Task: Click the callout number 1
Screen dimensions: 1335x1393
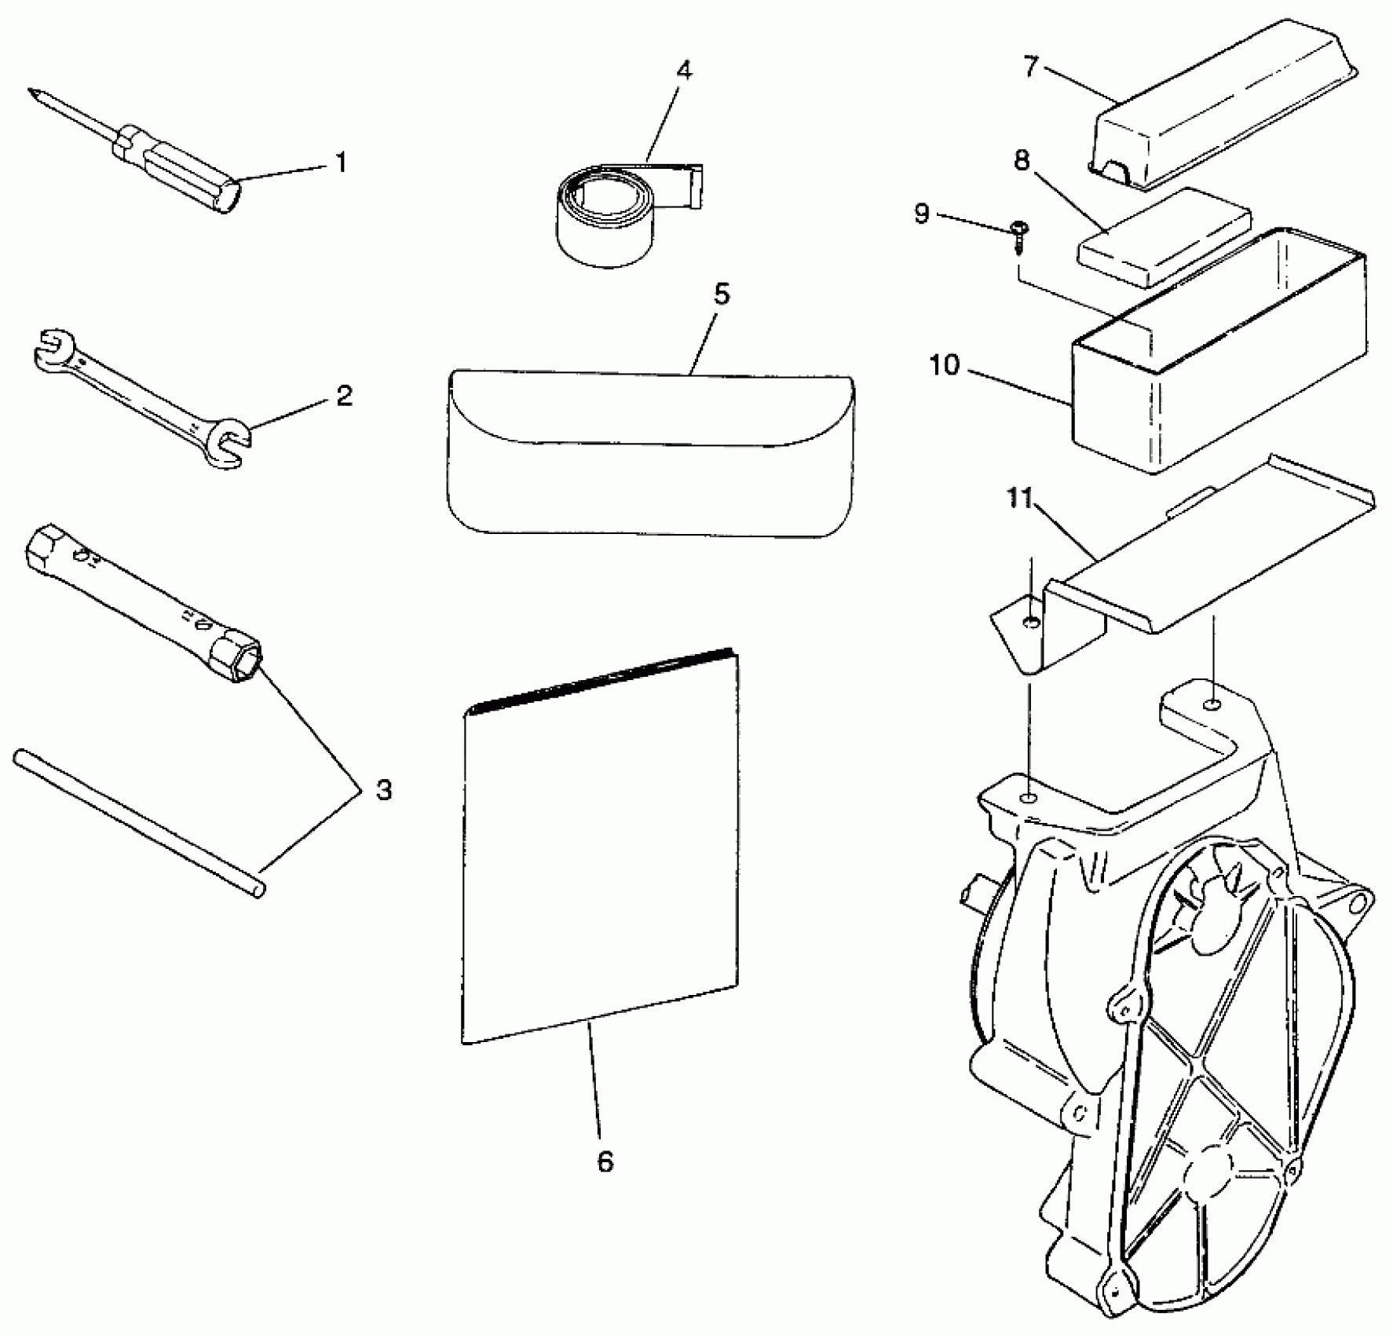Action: coord(341,163)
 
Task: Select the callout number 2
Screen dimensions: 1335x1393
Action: coord(345,395)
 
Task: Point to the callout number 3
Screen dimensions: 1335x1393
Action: coord(382,789)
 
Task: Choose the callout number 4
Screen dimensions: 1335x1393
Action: coord(684,71)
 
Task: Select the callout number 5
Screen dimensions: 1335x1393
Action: coord(721,294)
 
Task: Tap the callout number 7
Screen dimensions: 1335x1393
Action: coord(1031,67)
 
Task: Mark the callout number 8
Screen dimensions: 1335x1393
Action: coord(1022,161)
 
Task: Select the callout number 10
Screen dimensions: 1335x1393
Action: coord(945,365)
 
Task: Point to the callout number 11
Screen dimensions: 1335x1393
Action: coord(1020,499)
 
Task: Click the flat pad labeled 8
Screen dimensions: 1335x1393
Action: coord(1162,236)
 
